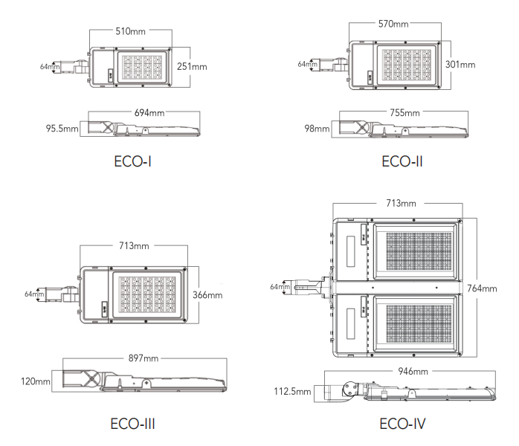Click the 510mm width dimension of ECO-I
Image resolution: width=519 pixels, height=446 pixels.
point(130,31)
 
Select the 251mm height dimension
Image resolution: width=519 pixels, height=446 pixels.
point(192,66)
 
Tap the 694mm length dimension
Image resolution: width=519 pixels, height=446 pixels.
point(149,113)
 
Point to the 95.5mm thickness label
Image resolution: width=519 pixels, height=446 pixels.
point(62,129)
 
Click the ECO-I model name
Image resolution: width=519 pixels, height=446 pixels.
point(133,161)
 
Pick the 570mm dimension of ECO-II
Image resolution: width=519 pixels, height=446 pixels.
point(393,24)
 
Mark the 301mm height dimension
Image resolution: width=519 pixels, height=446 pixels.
point(460,64)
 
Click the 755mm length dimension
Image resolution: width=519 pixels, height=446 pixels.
point(404,113)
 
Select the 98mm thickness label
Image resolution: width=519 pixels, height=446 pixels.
point(317,129)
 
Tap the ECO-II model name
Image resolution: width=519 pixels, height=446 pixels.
point(402,161)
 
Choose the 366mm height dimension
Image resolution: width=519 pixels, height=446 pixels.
point(207,295)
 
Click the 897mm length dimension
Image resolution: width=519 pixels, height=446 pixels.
point(144,358)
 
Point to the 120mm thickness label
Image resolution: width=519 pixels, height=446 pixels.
point(36,381)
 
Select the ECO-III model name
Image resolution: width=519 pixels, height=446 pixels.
point(133,424)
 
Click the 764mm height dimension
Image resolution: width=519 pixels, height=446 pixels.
point(482,288)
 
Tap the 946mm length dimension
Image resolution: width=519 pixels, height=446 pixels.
point(413,371)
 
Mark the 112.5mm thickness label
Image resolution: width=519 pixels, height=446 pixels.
point(293,392)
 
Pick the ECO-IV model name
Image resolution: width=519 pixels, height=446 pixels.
point(402,424)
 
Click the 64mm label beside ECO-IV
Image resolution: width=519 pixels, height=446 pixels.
point(280,287)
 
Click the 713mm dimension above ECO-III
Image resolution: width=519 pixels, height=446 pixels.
point(134,246)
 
